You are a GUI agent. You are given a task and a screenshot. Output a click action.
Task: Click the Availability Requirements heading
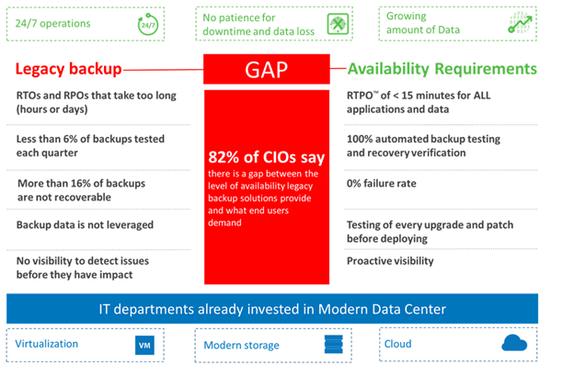[442, 69]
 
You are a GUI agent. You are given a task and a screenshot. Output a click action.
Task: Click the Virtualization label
[47, 344]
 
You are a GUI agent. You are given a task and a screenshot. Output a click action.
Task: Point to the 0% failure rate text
[381, 184]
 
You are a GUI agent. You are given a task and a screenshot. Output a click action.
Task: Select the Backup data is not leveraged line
[85, 225]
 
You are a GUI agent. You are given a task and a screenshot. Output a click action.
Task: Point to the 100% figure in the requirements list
[362, 137]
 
